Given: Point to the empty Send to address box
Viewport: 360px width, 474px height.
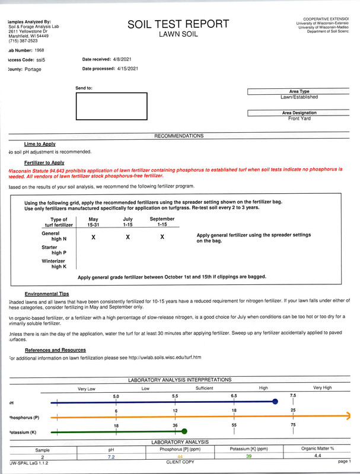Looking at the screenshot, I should pyautogui.click(x=111, y=107).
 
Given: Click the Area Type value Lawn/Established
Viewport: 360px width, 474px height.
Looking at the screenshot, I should pyautogui.click(x=299, y=97).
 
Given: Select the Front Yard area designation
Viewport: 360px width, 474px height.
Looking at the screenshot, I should pyautogui.click(x=299, y=118).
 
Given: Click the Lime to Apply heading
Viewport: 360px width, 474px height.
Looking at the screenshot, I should pyautogui.click(x=40, y=144).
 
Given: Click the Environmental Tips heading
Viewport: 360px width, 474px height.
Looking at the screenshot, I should pyautogui.click(x=47, y=294).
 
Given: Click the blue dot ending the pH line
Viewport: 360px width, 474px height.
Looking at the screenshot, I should pyautogui.click(x=275, y=402).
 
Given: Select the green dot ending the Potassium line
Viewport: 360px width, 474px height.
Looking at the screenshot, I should pyautogui.click(x=184, y=431).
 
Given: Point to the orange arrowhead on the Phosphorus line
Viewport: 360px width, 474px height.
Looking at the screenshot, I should pyautogui.click(x=348, y=417).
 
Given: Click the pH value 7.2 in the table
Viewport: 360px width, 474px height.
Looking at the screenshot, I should pyautogui.click(x=111, y=457).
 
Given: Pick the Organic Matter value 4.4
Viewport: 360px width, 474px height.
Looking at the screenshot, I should pyautogui.click(x=317, y=456).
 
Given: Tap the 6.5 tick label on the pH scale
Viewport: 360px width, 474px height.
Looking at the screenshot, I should pyautogui.click(x=234, y=395).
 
